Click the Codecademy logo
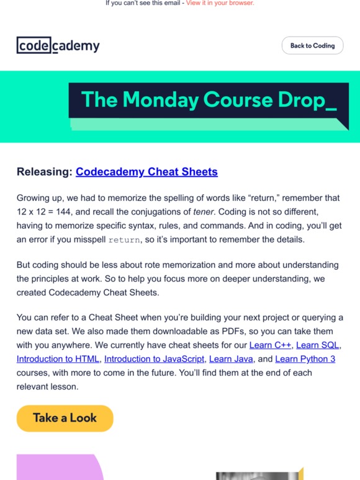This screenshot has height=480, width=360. [x=58, y=45]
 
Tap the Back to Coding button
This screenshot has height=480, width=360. [x=312, y=45]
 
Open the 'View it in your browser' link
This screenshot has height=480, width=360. [x=220, y=3]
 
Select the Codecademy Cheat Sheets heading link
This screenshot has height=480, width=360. [x=146, y=172]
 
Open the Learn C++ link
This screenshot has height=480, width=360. [x=270, y=344]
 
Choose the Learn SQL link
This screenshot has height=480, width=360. [x=320, y=344]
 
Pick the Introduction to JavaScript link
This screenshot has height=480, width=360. [x=154, y=358]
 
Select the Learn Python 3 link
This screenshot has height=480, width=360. [x=297, y=358]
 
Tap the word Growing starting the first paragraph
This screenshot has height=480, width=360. [x=35, y=198]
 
